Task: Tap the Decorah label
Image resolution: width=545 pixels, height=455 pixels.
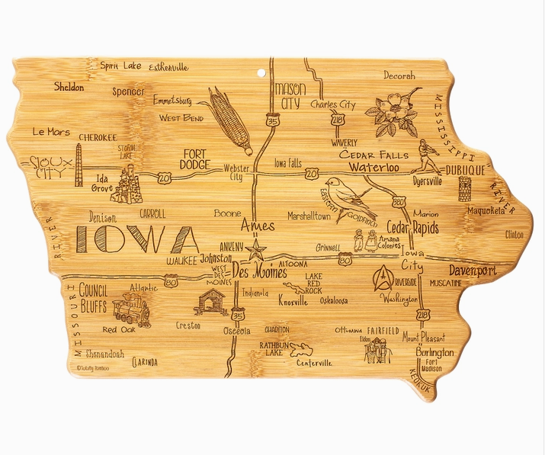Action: tap(399, 76)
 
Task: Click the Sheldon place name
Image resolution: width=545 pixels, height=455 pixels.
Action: tap(69, 88)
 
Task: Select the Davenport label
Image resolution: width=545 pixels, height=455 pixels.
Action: tap(472, 271)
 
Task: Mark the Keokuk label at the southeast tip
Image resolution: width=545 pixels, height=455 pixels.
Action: tap(422, 380)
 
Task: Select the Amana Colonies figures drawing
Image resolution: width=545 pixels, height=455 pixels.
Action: tap(364, 242)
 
